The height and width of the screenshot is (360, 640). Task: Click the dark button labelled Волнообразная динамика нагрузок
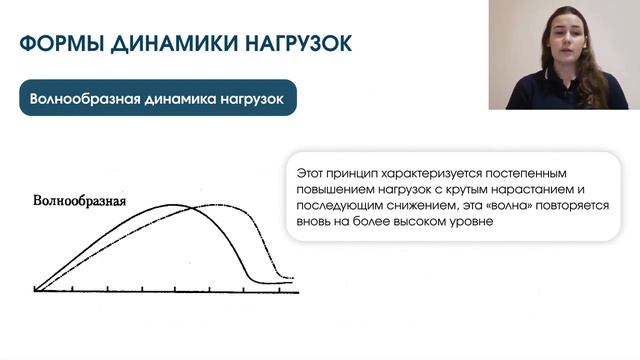158,99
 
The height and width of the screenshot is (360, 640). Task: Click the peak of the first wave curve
170,206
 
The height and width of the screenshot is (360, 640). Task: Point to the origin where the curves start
35,289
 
